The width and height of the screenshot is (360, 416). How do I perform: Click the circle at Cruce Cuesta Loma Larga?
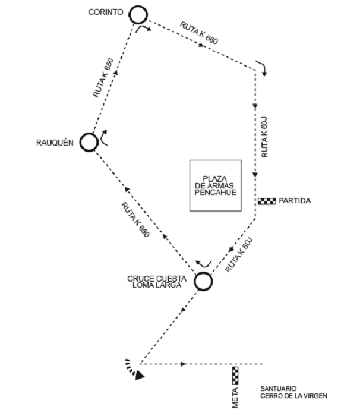tap(203, 282)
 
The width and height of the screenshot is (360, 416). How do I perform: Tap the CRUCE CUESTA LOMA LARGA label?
tap(157, 282)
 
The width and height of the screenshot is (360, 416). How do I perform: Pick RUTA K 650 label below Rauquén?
tap(135, 219)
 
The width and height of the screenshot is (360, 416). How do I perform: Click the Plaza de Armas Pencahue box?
tap(215, 185)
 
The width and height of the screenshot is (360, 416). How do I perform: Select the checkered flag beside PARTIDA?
tap(267, 201)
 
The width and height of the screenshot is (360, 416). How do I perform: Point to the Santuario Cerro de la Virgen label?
tap(293, 392)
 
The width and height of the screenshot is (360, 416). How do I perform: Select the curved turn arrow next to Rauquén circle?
tap(104, 137)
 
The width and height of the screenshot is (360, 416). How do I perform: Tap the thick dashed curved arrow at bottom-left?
tap(134, 369)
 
